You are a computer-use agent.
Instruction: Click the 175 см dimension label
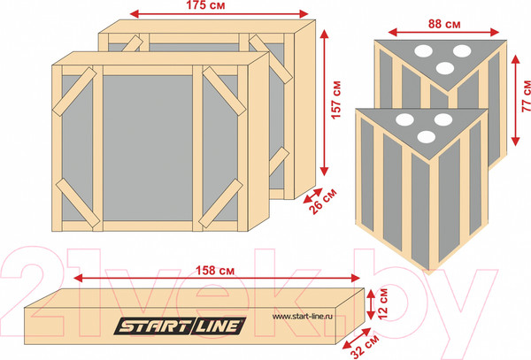(x=205, y=5)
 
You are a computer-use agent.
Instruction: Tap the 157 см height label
(x=336, y=100)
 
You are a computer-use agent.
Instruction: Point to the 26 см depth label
(x=323, y=202)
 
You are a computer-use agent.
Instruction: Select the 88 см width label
(x=444, y=24)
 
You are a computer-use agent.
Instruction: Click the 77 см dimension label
(x=526, y=96)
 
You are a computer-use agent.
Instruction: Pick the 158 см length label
(x=215, y=271)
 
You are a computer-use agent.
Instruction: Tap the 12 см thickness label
(x=383, y=303)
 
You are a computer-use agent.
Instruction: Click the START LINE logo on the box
(x=180, y=326)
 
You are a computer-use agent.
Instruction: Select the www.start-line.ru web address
(x=302, y=317)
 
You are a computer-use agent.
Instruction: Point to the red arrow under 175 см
(x=219, y=14)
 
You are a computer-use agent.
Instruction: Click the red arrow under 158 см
(x=217, y=278)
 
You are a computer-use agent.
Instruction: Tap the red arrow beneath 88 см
(x=443, y=33)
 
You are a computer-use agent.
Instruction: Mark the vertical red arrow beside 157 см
(x=325, y=103)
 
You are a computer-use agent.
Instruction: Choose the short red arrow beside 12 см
(x=371, y=304)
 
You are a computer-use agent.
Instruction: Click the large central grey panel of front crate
(x=148, y=149)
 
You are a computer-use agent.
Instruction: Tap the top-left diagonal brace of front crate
(x=74, y=92)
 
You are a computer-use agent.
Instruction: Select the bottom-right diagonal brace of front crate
(x=220, y=203)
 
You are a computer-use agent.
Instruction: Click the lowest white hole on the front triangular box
(x=427, y=137)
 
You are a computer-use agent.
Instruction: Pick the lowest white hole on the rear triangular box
(x=445, y=68)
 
